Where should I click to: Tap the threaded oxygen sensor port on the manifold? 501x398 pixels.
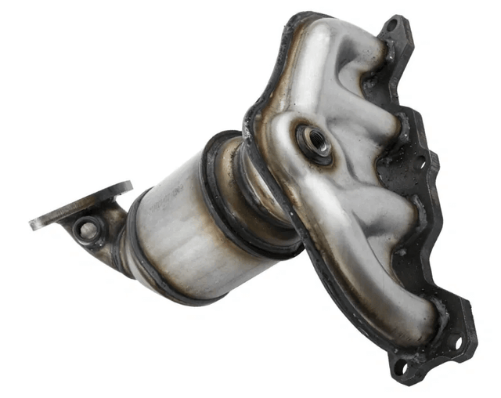point(316,140)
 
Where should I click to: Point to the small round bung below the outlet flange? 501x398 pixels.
point(88,230)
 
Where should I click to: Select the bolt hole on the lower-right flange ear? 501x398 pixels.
point(453,340)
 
